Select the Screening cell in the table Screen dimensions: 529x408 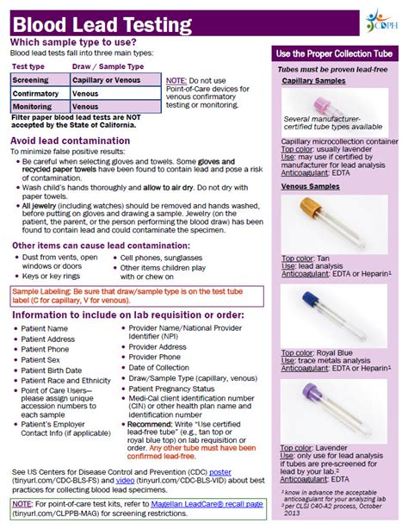pyautogui.click(x=30, y=78)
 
